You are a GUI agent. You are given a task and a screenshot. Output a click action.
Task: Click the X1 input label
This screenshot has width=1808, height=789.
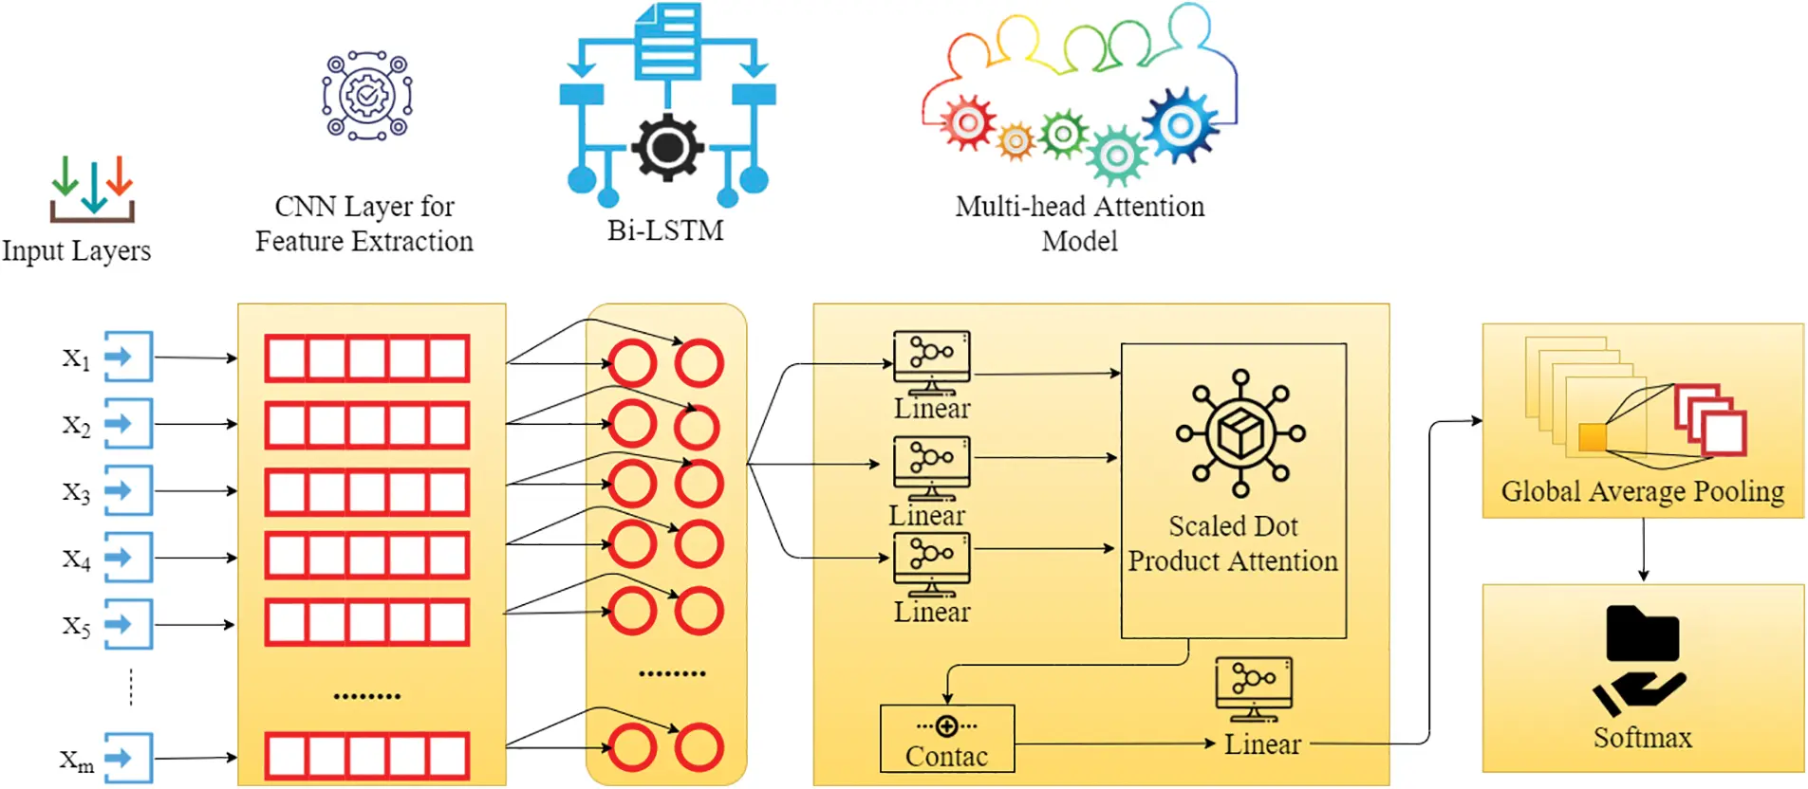pyautogui.click(x=76, y=358)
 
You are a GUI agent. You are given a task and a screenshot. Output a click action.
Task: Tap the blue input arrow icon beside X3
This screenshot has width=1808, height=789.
pyautogui.click(x=128, y=490)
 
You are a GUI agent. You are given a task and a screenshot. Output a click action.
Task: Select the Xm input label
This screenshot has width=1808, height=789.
pyautogui.click(x=77, y=761)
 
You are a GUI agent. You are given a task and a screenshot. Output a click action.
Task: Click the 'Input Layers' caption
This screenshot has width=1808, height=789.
pyautogui.click(x=76, y=251)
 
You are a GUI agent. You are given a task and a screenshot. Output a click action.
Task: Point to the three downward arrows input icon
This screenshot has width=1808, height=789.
pyautogui.click(x=92, y=189)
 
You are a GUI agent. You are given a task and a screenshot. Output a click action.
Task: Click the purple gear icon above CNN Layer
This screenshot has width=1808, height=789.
pyautogui.click(x=367, y=96)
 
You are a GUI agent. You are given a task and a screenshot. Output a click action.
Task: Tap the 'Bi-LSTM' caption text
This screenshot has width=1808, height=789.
pyautogui.click(x=665, y=230)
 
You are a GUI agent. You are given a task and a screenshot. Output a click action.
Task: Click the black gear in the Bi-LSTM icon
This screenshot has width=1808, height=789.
pyautogui.click(x=668, y=147)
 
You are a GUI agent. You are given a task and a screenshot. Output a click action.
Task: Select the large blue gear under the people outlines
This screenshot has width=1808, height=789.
pyautogui.click(x=1180, y=124)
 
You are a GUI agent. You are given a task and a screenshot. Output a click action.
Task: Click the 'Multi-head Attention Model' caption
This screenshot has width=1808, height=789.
pyautogui.click(x=1080, y=223)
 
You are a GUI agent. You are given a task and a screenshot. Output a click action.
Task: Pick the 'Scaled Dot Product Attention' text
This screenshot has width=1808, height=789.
pyautogui.click(x=1233, y=543)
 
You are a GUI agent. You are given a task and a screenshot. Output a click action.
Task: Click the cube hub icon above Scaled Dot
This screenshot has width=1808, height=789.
pyautogui.click(x=1240, y=433)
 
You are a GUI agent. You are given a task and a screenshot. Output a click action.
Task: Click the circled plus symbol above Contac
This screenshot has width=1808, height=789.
pyautogui.click(x=946, y=726)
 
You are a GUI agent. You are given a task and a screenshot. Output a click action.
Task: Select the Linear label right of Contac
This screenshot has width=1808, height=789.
pyautogui.click(x=1262, y=744)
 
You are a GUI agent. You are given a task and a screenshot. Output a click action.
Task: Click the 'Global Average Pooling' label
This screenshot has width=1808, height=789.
pyautogui.click(x=1643, y=491)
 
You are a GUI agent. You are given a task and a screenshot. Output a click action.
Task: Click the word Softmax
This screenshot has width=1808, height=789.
pyautogui.click(x=1643, y=738)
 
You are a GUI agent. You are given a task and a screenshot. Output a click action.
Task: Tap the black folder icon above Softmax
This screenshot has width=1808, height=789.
pyautogui.click(x=1643, y=633)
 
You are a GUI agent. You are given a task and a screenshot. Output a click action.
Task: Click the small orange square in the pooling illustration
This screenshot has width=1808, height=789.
pyautogui.click(x=1593, y=437)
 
